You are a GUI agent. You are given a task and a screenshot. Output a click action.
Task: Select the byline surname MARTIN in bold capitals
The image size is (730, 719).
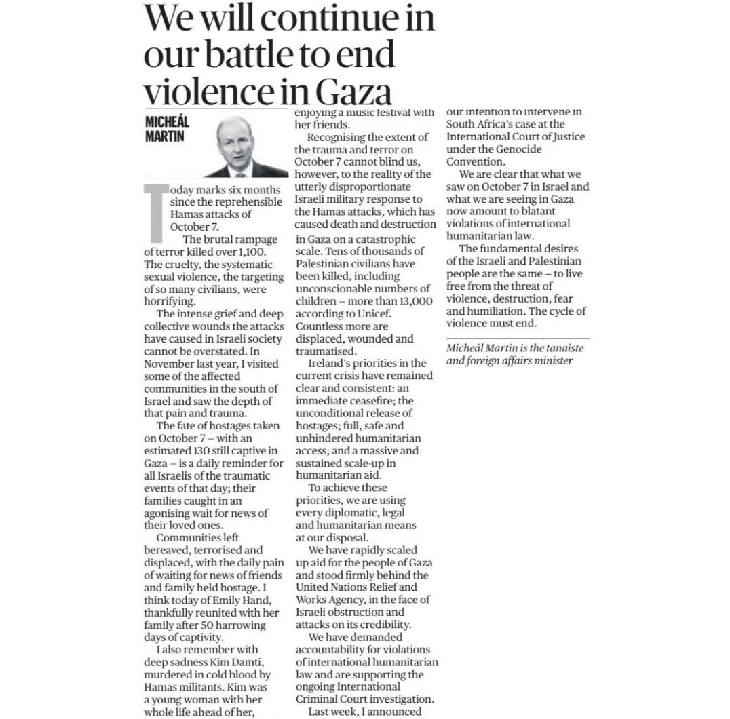[165, 136]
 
